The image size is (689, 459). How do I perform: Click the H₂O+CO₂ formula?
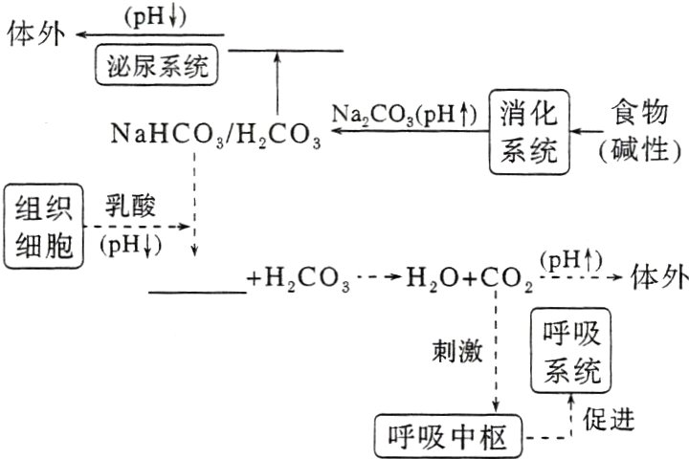[469, 281]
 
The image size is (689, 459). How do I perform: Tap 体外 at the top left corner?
[35, 33]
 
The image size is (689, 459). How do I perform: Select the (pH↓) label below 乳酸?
[131, 245]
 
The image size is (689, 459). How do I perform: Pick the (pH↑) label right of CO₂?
[570, 259]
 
